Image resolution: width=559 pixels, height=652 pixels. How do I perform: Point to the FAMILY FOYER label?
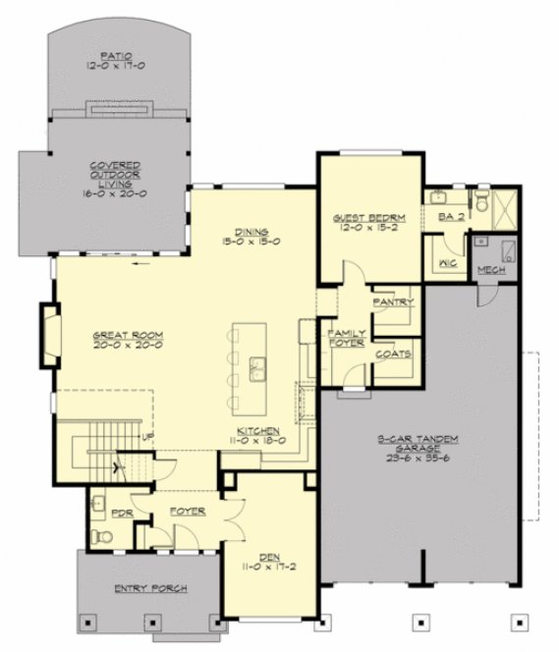tap(346, 340)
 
